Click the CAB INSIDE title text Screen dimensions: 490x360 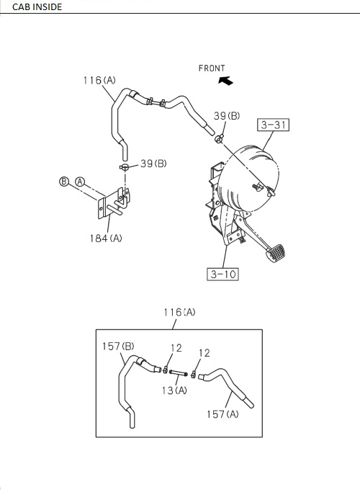coord(32,6)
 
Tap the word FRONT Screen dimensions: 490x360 coord(212,68)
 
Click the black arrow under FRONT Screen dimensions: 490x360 coord(225,81)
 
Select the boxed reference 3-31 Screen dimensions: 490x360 coord(274,125)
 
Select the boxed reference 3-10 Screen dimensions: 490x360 coord(222,275)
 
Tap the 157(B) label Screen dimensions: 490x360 coord(118,347)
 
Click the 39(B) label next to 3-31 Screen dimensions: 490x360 coord(226,116)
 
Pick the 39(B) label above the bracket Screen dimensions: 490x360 coord(152,163)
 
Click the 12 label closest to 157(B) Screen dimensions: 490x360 coord(176,349)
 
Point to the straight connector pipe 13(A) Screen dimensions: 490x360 coord(180,374)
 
